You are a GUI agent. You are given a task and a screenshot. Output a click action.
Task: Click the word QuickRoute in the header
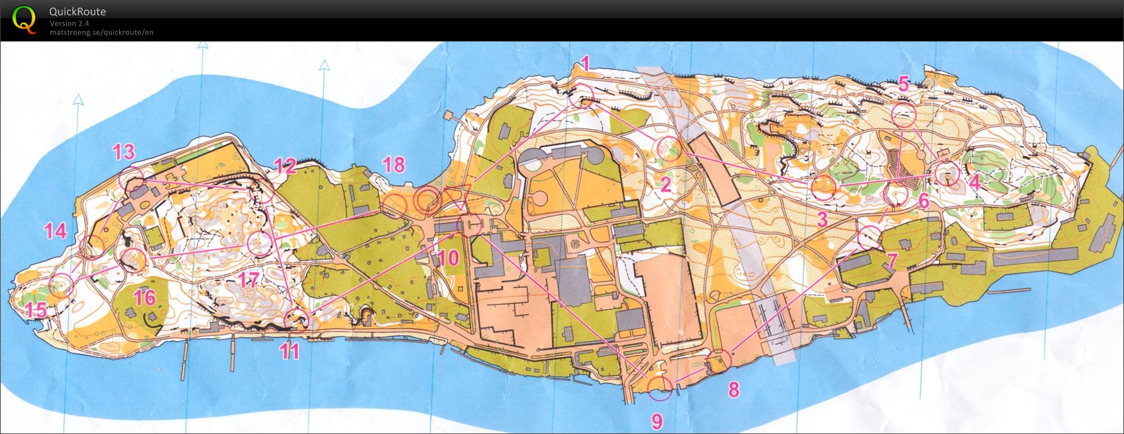tap(77, 11)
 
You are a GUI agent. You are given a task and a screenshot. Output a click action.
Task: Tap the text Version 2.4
tap(69, 23)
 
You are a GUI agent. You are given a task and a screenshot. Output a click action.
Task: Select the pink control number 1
tap(585, 63)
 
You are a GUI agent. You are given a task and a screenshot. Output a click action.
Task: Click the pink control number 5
tap(904, 84)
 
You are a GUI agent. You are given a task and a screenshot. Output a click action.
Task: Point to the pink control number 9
tap(656, 420)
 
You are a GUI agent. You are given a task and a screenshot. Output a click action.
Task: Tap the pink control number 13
tap(123, 152)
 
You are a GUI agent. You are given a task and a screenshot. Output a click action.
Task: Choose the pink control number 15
tap(37, 310)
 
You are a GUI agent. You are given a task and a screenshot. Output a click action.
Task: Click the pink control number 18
tap(394, 165)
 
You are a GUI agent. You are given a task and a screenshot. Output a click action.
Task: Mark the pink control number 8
tap(734, 389)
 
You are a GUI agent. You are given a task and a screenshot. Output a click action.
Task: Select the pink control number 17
tap(248, 280)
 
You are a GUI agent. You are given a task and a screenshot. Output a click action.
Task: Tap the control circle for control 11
tap(295, 320)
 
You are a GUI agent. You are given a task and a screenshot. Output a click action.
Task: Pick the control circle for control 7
tap(870, 236)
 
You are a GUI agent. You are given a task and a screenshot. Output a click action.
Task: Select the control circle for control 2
tap(669, 149)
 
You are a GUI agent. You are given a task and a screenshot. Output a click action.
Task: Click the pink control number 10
tap(448, 258)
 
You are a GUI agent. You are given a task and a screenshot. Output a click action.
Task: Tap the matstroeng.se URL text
tap(101, 32)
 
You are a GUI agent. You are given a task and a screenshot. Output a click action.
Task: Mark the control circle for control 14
tap(93, 246)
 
